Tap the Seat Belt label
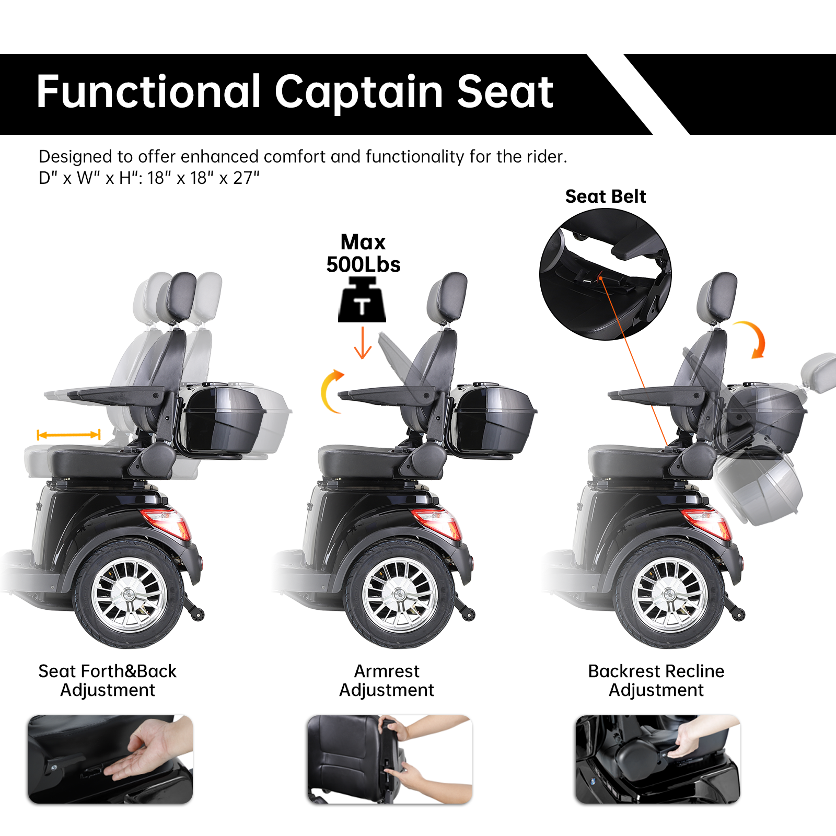coord(605,196)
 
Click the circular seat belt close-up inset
coord(605,274)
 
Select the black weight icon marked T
coord(362,301)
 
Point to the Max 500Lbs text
coord(363,253)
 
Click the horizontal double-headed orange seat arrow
coord(68,435)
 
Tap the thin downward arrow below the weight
coord(363,343)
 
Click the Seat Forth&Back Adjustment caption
coord(108,680)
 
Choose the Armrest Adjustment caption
coord(387,680)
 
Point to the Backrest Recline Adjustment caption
coord(656,680)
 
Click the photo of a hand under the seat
coord(110,759)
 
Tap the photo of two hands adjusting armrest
coord(390,759)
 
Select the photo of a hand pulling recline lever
coord(657,759)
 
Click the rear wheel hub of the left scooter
coord(129,595)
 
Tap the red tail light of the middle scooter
coord(437,522)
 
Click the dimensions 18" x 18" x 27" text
coord(203,178)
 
